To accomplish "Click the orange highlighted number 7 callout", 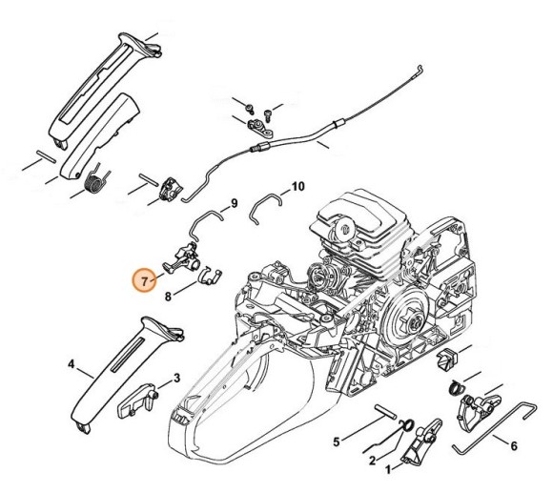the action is pos(144,280).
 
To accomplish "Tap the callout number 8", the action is pos(168,297).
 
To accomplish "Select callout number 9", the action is pos(234,203).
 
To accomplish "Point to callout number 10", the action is pos(297,186).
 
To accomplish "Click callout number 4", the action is pos(72,364).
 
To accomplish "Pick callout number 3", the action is pos(176,379).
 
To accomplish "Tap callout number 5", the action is pos(337,442).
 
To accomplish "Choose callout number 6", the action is pos(514,446).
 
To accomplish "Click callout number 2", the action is pos(372,461).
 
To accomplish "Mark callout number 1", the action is pos(389,470).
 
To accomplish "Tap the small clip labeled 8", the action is pos(211,277).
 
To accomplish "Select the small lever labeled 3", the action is pos(136,402).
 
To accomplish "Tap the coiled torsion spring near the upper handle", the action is pos(94,181).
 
